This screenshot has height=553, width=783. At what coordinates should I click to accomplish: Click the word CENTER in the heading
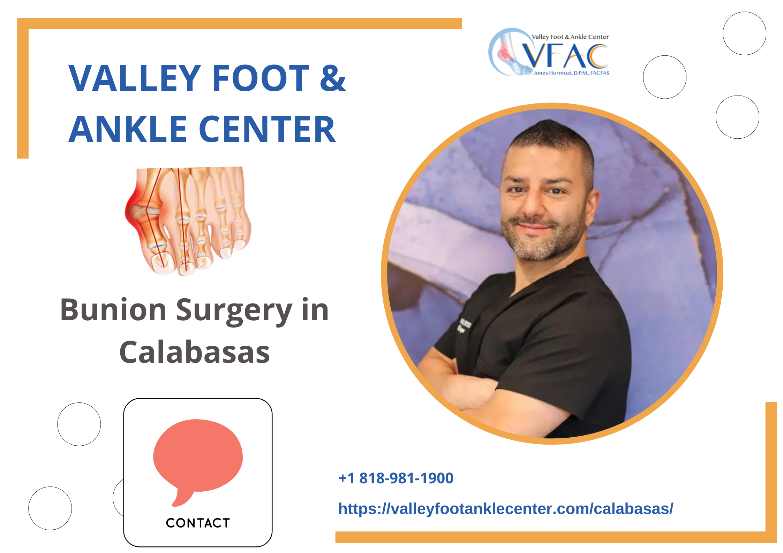pos(267,129)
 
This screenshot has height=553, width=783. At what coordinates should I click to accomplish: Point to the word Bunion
pos(113,310)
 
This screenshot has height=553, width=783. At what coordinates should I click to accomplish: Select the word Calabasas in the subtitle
pos(195,352)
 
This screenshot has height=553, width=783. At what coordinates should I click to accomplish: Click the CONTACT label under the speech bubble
pos(198,523)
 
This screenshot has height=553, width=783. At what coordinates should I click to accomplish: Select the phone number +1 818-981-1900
pos(396,478)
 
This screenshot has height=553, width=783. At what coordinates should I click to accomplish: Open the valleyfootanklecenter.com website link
pos(506,509)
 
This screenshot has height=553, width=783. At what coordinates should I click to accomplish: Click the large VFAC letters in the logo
pos(565,56)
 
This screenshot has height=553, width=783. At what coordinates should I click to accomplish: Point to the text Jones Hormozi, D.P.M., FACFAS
pos(571,73)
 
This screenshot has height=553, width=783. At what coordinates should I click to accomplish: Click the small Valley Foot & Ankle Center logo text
pos(570,37)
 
